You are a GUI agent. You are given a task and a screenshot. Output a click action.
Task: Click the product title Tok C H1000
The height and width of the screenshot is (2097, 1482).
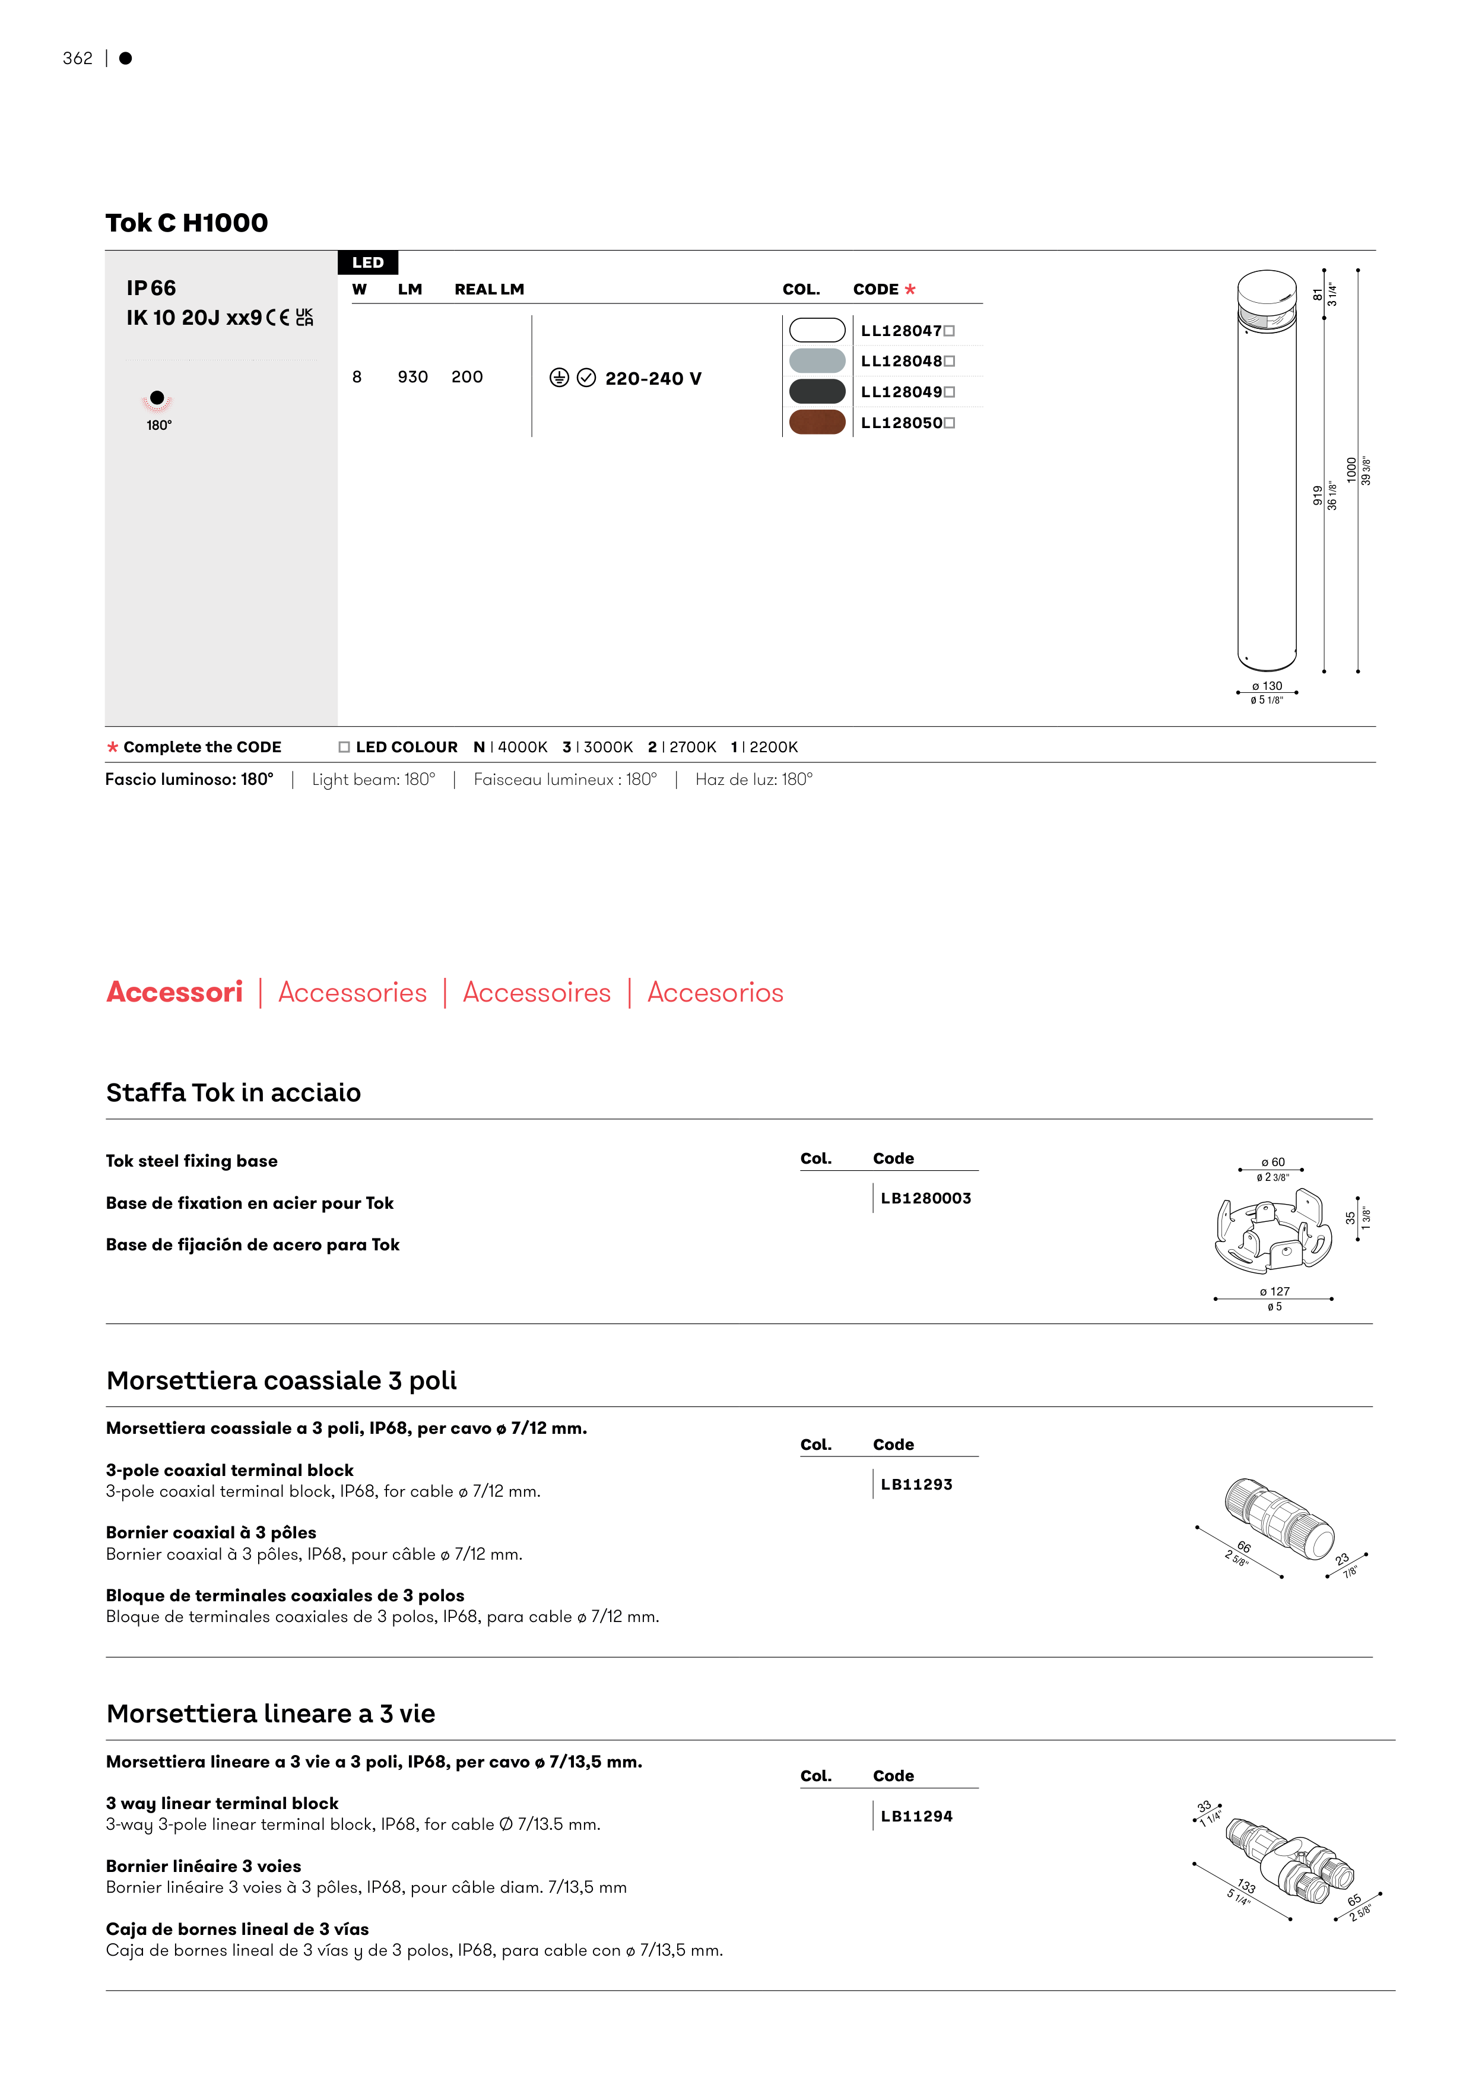pos(186,223)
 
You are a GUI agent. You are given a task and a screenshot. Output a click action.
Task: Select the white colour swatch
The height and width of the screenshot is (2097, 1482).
pos(816,330)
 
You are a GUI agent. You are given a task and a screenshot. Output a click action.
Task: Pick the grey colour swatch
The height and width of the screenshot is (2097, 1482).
pos(816,361)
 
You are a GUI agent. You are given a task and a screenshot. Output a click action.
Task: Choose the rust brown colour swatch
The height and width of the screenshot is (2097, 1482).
pos(816,423)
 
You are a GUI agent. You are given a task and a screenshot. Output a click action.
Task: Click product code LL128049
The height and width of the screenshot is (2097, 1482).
pos(902,392)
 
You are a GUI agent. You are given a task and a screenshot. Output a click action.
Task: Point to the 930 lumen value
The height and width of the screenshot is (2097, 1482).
pos(412,377)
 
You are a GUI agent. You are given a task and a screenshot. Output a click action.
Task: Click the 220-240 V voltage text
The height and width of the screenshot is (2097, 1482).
pos(653,379)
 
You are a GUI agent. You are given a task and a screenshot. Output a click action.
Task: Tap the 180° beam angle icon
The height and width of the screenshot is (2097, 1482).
pos(157,400)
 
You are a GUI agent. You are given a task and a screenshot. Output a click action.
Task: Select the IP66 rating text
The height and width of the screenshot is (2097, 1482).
pos(151,289)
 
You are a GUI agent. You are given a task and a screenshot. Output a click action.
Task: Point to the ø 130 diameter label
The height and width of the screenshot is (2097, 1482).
pos(1267,686)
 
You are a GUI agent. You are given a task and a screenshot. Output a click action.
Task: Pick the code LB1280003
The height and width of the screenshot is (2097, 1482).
pos(925,1198)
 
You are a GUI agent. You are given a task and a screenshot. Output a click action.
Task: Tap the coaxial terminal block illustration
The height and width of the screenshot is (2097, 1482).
pos(1278,1518)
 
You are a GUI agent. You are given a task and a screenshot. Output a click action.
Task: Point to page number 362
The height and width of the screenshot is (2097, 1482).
pos(78,58)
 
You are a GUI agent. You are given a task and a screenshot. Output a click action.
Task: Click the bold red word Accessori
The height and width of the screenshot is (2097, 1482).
pos(174,993)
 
